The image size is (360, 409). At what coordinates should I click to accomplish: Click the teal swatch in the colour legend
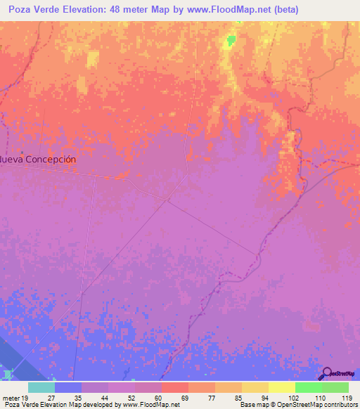click(41, 387)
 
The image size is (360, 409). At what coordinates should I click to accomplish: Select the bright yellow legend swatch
click(281, 387)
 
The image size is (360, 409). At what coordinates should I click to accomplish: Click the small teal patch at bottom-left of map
click(8, 375)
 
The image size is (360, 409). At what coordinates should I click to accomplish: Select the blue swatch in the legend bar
click(68, 387)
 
